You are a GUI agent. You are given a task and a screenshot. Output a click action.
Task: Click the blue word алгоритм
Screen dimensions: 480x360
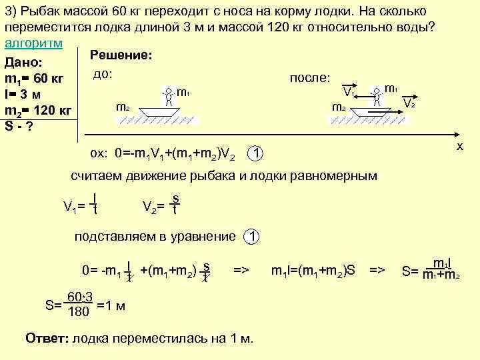pos(33,43)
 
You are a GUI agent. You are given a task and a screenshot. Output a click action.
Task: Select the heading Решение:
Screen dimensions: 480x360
pos(121,56)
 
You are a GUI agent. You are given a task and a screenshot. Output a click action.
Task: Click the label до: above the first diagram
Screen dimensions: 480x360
pos(102,73)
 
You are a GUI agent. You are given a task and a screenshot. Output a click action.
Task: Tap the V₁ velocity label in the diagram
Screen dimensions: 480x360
pos(347,91)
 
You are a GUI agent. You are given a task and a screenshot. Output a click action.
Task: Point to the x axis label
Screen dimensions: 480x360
pos(459,145)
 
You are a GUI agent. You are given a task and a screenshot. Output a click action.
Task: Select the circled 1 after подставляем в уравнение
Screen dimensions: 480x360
pos(251,237)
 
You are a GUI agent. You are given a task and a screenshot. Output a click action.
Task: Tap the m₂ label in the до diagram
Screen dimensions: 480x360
pos(123,106)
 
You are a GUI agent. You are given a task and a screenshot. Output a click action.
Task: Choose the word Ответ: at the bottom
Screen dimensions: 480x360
pos(46,338)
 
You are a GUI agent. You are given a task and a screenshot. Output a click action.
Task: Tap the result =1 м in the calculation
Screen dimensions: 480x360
pos(111,306)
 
